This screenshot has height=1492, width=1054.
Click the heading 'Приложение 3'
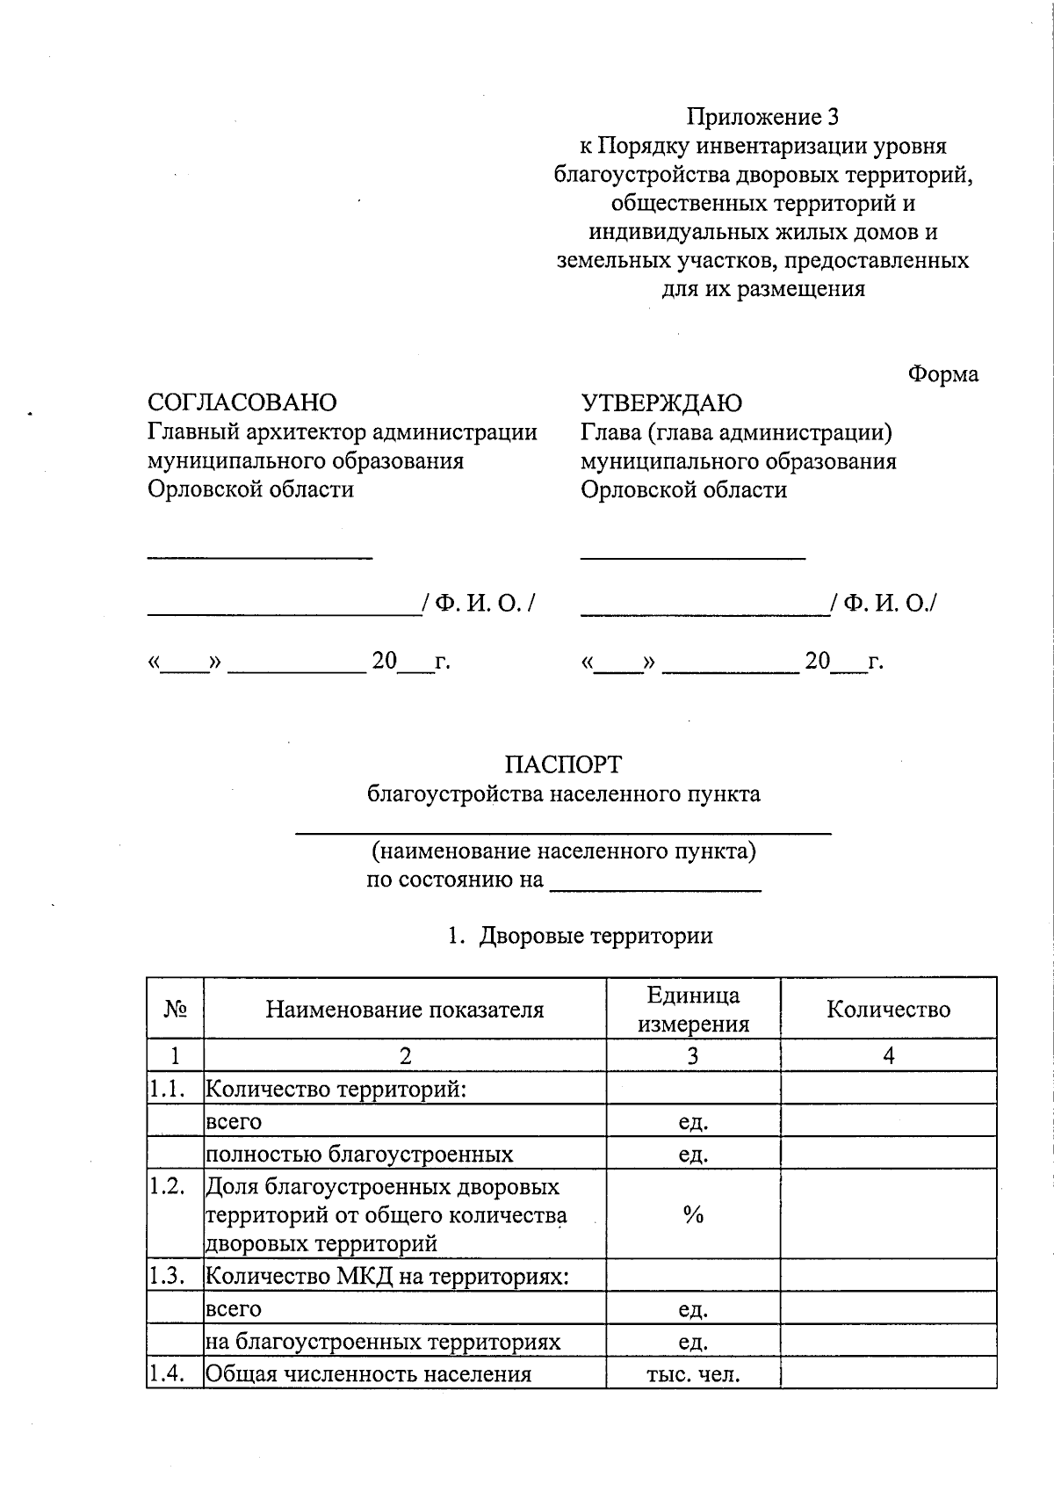(763, 117)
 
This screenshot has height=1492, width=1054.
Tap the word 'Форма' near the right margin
(942, 373)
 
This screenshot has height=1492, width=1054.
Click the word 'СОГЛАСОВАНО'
(242, 402)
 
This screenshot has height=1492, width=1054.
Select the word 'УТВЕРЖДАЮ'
(661, 403)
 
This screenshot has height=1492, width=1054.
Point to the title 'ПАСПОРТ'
(563, 764)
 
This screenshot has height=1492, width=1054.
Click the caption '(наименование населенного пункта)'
(563, 851)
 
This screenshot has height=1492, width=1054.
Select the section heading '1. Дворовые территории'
(580, 936)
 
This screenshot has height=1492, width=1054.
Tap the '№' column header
(176, 1009)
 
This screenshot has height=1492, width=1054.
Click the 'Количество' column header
(888, 1009)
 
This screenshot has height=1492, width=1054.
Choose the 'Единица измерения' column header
(693, 1009)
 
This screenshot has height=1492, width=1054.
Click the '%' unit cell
(693, 1215)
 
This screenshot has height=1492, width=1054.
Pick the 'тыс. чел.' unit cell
(693, 1373)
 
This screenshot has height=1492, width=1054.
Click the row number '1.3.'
(166, 1276)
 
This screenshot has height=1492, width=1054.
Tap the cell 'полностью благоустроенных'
(359, 1154)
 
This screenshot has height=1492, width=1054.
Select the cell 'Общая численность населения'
(368, 1373)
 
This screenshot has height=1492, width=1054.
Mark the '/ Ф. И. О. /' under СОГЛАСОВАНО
(479, 604)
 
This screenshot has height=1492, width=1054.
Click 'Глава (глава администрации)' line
(736, 432)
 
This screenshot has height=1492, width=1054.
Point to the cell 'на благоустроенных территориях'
(383, 1342)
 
